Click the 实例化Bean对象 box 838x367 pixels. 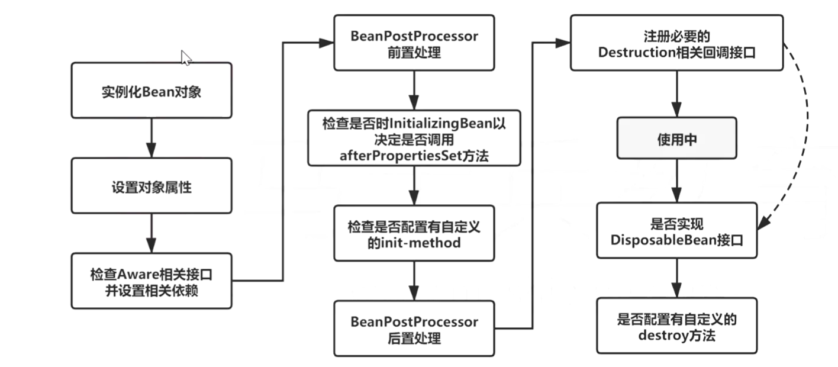(151, 90)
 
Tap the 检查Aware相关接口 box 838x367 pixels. (151, 281)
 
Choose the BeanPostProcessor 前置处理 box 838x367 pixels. (414, 43)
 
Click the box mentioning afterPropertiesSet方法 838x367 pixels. (414, 137)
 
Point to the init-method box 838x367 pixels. (414, 233)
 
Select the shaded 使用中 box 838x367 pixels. (676, 139)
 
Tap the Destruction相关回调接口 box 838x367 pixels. (676, 43)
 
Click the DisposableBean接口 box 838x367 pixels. (676, 230)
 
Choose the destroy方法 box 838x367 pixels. (676, 326)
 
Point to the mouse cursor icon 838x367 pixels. (186, 57)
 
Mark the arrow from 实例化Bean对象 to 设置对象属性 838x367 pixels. (151, 137)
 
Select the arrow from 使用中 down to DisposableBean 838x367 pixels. (676, 181)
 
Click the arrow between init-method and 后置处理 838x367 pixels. (414, 281)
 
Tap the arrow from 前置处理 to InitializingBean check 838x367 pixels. (414, 89)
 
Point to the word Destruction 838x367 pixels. (637, 52)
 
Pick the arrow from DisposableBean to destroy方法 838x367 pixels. (676, 278)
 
